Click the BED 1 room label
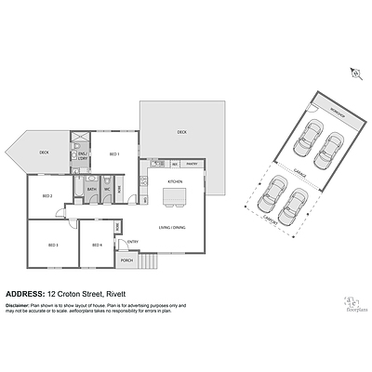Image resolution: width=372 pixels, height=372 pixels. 114,153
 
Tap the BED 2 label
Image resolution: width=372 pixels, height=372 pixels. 46,196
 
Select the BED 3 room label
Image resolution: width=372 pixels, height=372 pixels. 53,245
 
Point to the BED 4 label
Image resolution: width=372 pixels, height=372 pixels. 97,245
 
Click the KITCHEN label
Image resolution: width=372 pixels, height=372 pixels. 173,180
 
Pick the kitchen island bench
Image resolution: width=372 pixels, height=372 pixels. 173,197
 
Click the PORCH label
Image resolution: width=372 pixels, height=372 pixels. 126,261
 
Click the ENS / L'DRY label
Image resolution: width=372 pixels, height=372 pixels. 82,157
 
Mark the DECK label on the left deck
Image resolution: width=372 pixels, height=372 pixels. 43,152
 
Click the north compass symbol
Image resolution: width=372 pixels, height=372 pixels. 353,72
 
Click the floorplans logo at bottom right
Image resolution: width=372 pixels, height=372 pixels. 352,303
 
